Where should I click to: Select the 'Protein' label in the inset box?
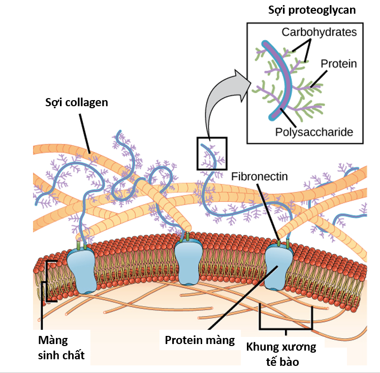[339, 64]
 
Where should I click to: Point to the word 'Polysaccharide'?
[313, 132]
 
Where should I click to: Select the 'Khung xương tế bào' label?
[281, 355]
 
